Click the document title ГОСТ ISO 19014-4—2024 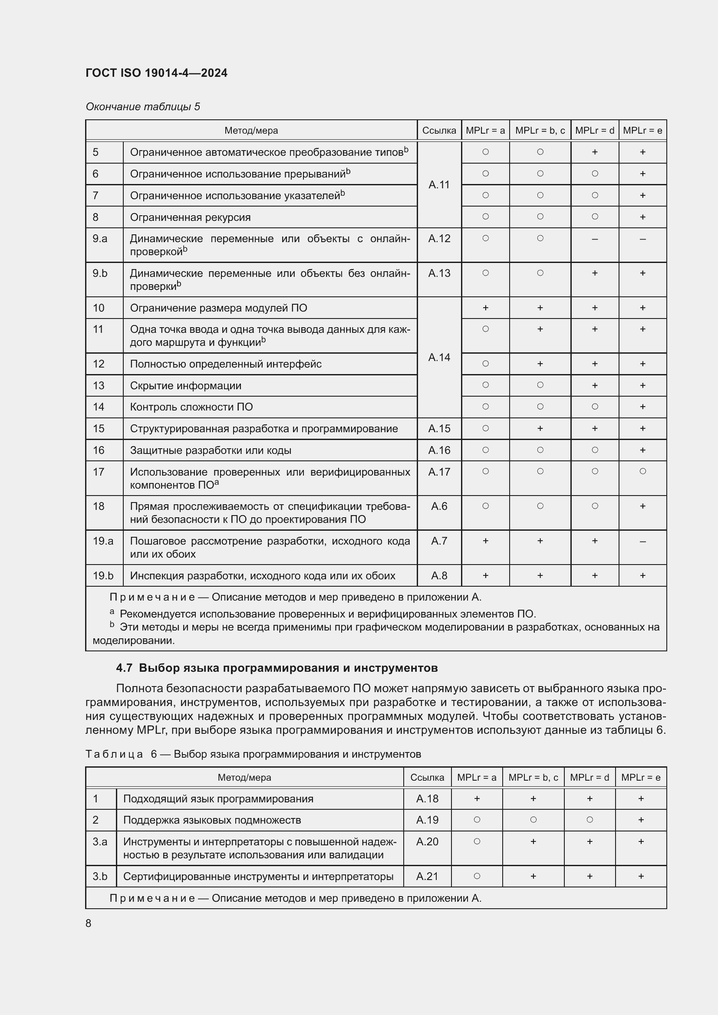[x=157, y=73]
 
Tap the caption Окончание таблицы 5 [x=142, y=107]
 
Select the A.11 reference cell [x=439, y=184]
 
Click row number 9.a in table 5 [x=100, y=239]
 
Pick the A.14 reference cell [x=439, y=357]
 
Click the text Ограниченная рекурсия [x=190, y=217]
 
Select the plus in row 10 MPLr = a [x=485, y=308]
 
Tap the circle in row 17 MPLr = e [x=642, y=471]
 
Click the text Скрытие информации [x=186, y=385]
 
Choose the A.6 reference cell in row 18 [x=439, y=506]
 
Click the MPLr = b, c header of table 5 [x=540, y=131]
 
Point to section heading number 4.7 [x=124, y=668]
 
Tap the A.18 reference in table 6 [x=427, y=799]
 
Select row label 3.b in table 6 [x=100, y=877]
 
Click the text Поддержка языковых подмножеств [x=212, y=820]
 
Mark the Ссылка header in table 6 [x=427, y=778]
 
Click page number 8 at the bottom [x=89, y=923]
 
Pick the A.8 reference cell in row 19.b [x=439, y=575]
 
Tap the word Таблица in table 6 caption [x=114, y=754]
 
